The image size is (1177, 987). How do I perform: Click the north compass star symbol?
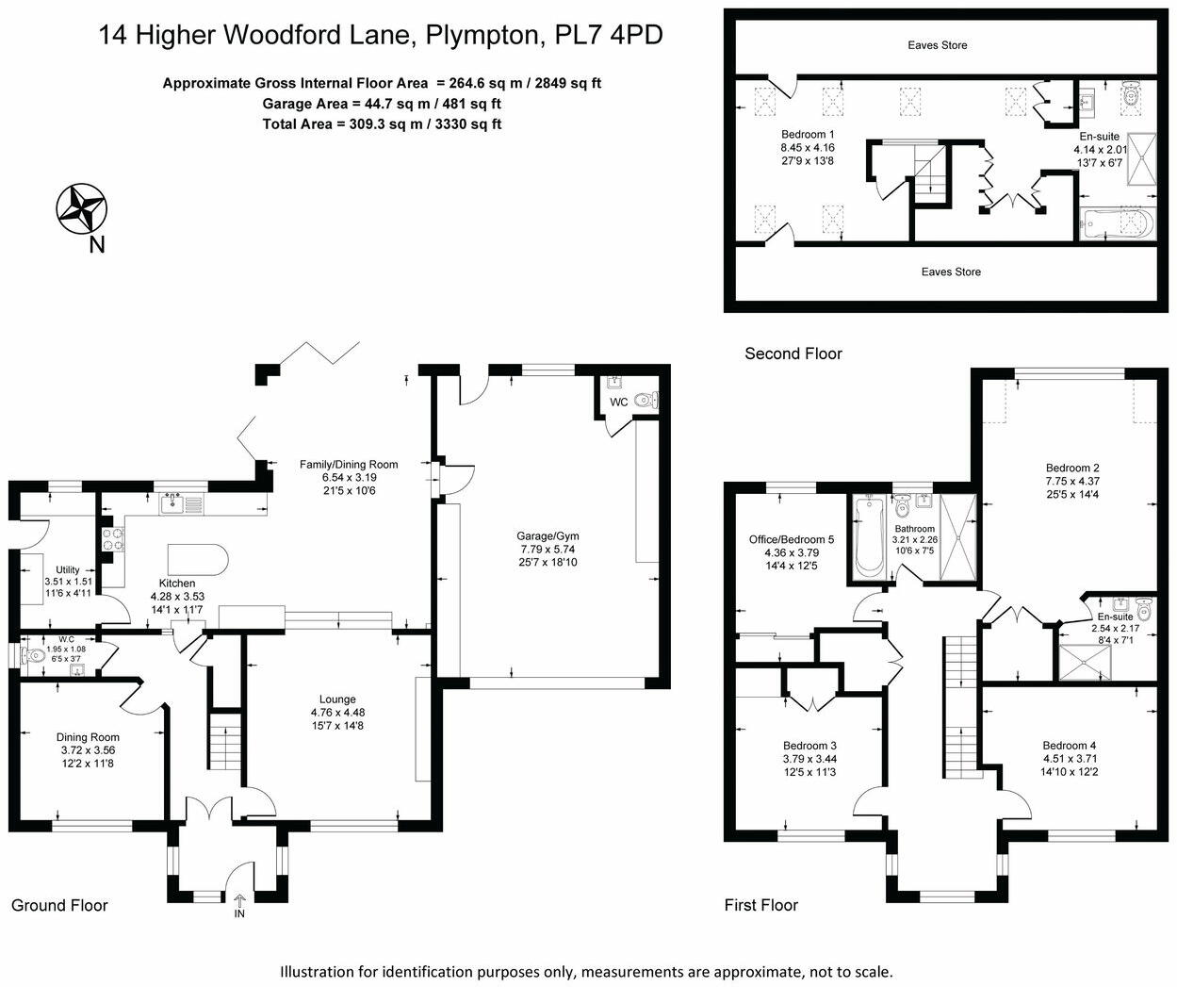click(82, 209)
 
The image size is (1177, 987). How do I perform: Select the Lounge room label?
click(337, 699)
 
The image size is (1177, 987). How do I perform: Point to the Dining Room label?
click(88, 737)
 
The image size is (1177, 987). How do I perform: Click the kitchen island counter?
click(198, 560)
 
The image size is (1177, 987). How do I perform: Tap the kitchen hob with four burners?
click(113, 539)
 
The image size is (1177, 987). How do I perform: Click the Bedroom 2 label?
click(1072, 468)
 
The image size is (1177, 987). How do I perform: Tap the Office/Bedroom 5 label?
click(792, 539)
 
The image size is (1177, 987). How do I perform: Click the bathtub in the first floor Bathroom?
click(868, 538)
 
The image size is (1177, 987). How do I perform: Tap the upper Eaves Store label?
click(938, 45)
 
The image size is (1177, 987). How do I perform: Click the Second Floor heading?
click(793, 354)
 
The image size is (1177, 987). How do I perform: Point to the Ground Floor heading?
click(59, 905)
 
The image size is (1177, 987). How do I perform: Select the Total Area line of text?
click(382, 123)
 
